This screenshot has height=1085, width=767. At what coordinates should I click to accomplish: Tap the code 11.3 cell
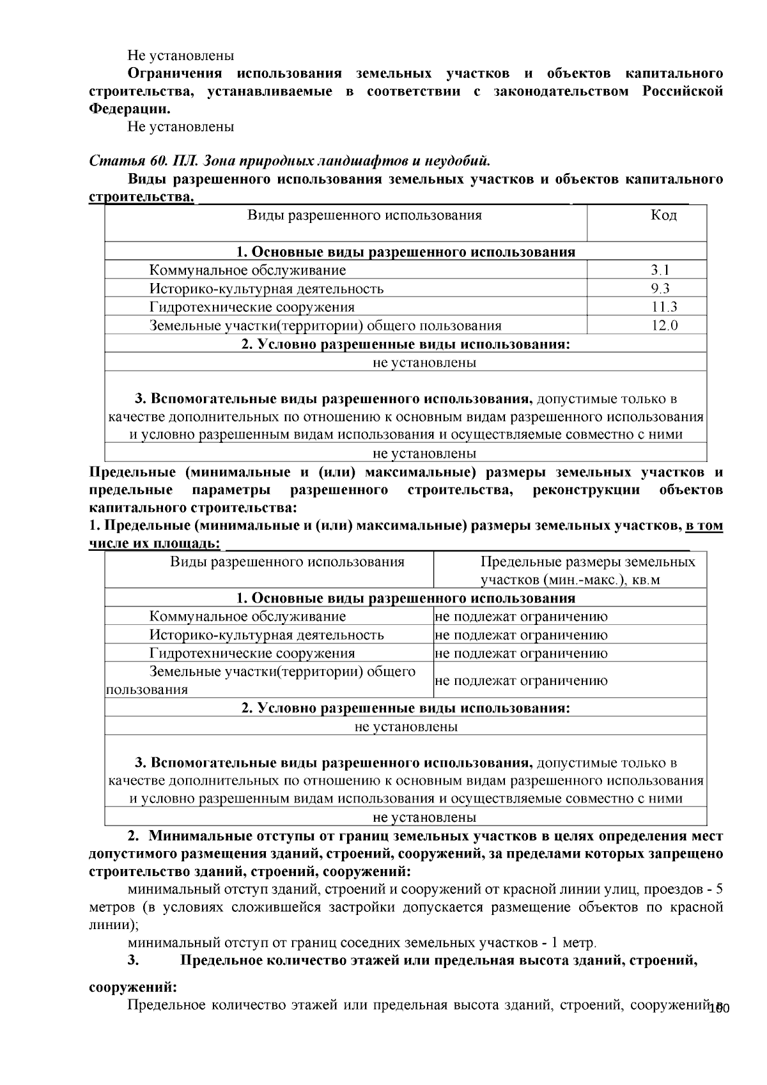tap(664, 307)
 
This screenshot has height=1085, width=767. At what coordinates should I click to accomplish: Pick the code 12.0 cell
tap(664, 326)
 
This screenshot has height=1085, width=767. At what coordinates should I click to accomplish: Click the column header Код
tap(663, 215)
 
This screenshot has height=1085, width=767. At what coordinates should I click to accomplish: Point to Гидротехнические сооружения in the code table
tap(252, 307)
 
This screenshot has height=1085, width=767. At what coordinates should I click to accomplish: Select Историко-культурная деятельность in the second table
tap(267, 635)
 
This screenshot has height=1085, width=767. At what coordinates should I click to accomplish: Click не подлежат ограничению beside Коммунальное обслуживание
tap(521, 617)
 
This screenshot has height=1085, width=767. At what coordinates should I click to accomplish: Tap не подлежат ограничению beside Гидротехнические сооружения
tap(521, 654)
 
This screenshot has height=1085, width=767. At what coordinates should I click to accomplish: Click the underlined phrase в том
tap(704, 526)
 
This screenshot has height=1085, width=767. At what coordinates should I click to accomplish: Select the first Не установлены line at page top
tap(181, 56)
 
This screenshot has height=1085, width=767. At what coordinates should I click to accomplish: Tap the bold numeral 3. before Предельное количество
tap(133, 960)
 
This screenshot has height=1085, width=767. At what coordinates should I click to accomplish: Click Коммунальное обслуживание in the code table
tap(247, 270)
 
